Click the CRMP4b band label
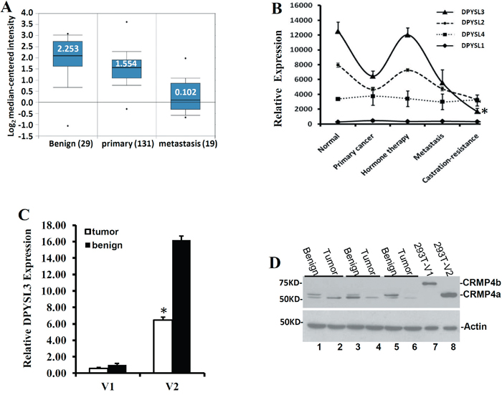pyautogui.click(x=472, y=282)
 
